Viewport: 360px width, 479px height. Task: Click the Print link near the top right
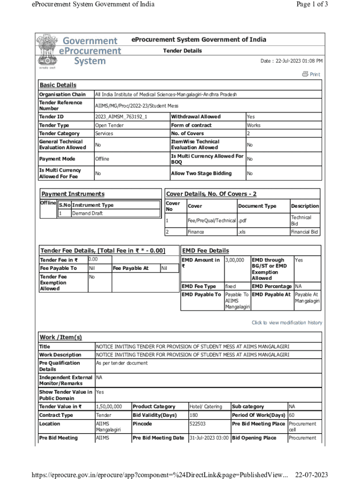[x=311, y=74]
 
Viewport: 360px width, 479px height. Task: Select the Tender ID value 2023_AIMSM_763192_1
[x=121, y=116]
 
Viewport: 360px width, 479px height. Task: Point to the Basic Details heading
[x=58, y=85]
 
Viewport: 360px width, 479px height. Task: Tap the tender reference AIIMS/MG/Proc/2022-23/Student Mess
[x=137, y=106]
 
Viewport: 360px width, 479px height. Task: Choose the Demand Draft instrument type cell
[x=87, y=213]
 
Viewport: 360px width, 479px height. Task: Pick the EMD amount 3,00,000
[x=235, y=260]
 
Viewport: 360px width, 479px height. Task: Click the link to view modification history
[x=287, y=323]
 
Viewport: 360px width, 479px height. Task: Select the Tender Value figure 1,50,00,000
[x=109, y=406]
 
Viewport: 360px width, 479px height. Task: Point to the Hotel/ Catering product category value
[x=206, y=406]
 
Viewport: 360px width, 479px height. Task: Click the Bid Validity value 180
[x=194, y=415]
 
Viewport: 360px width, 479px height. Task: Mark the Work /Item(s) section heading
[x=60, y=337]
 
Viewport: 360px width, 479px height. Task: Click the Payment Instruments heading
[x=73, y=194]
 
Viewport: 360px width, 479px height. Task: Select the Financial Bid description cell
[x=304, y=232]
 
